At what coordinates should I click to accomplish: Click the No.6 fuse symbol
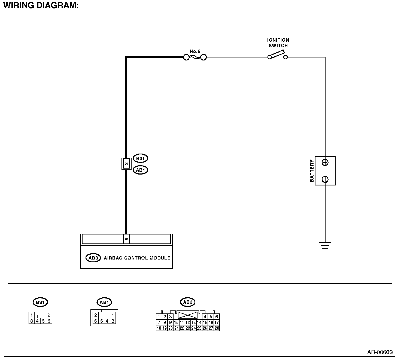coord(195,57)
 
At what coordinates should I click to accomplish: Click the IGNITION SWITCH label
coord(278,43)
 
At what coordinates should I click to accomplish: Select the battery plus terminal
coord(325,163)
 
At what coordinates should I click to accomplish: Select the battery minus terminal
coord(325,179)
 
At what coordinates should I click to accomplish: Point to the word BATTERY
coord(312,171)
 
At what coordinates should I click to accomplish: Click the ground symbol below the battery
coord(325,245)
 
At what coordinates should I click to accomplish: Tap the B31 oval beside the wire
coord(140,158)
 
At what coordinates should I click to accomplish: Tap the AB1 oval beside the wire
coord(140,170)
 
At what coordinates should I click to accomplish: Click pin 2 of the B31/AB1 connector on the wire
coord(126,164)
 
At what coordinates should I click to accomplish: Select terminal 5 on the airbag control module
coord(126,239)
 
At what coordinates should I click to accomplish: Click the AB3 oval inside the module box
coord(93,258)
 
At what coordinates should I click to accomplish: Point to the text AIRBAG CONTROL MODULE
coord(137,258)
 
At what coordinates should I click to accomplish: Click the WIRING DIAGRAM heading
coord(41,5)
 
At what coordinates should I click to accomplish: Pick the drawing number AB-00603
coord(380,352)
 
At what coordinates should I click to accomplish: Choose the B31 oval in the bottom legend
coord(40,302)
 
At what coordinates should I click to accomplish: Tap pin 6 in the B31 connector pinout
coord(49,321)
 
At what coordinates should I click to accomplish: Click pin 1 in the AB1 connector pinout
coord(113,315)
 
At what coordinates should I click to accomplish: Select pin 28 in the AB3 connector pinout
coord(217,328)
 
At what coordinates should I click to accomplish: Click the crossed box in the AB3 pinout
coord(188,315)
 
